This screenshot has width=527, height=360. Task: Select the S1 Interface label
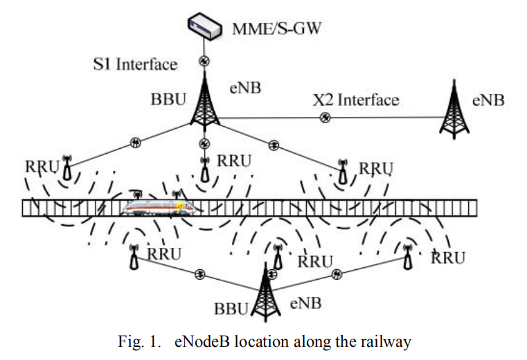coord(136,64)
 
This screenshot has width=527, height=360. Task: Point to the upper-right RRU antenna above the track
coord(342,170)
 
